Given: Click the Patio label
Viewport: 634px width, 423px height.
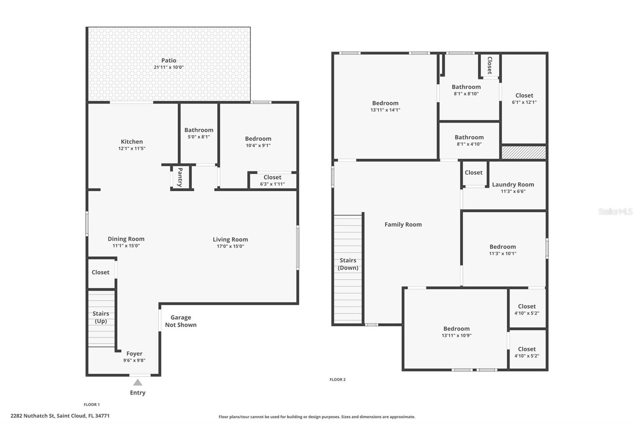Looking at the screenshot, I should click(168, 61).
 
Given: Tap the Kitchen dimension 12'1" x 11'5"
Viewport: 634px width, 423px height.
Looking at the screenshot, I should click(132, 148).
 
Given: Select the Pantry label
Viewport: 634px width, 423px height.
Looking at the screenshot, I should click(180, 177).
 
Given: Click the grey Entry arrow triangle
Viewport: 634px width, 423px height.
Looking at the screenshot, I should click(137, 383).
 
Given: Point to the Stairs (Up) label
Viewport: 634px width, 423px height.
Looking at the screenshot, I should click(101, 317).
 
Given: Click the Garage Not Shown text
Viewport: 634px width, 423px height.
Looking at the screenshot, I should click(181, 321).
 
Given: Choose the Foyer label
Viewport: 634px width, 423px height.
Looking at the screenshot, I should click(134, 354).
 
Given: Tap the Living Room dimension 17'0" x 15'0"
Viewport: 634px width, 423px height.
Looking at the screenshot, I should click(230, 246).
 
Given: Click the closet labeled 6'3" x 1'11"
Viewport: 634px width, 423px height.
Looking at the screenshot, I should click(272, 181).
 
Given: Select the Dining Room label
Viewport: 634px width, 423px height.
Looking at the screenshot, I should click(126, 239).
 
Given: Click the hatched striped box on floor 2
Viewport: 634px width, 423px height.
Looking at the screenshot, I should click(523, 152).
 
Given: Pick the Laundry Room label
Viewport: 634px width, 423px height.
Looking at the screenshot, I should click(513, 185).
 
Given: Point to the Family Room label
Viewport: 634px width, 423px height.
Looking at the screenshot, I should click(403, 225).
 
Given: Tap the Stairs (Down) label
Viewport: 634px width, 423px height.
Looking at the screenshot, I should click(348, 264).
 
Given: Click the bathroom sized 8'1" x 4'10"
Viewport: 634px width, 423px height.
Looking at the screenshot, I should click(469, 140).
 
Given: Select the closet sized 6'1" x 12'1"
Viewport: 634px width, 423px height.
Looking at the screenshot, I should click(524, 98).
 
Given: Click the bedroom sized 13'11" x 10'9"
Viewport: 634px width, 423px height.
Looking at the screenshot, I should click(456, 332).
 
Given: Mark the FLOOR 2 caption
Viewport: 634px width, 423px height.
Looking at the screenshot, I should click(337, 379).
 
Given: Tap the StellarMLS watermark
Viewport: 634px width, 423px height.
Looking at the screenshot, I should click(615, 211).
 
